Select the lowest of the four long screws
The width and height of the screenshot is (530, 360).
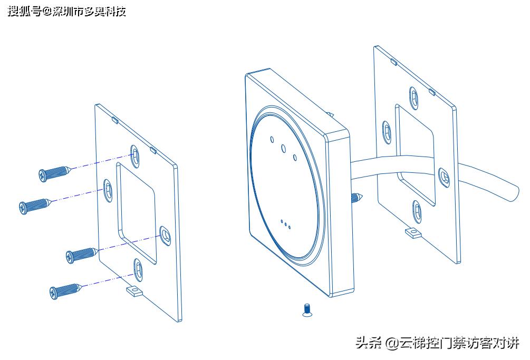(x=64, y=290)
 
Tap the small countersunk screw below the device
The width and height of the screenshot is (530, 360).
(x=307, y=310)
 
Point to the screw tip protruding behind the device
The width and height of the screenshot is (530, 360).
(x=358, y=198)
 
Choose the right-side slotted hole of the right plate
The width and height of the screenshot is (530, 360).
(x=443, y=177)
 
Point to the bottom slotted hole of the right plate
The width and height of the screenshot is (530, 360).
(x=417, y=211)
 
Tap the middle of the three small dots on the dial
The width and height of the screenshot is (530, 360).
(x=285, y=225)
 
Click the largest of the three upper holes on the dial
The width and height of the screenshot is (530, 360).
(x=283, y=148)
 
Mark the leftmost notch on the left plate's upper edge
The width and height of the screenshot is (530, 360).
(x=114, y=120)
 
